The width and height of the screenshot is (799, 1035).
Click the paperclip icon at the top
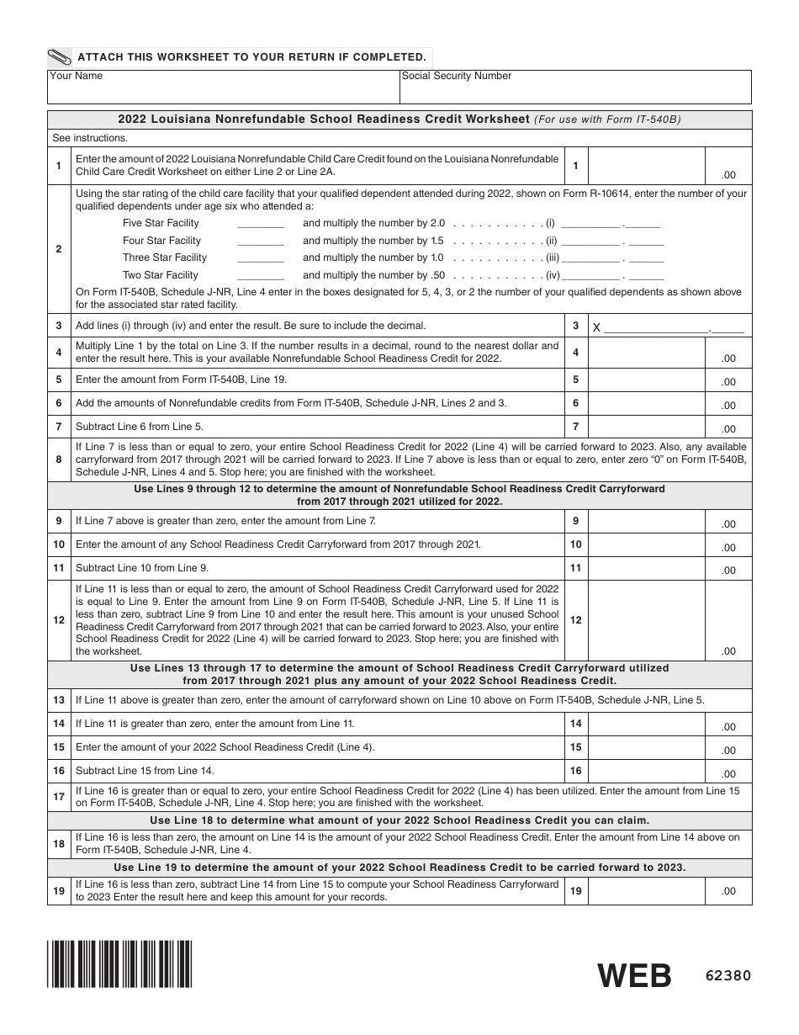point(60,57)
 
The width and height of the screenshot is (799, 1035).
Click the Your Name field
point(223,87)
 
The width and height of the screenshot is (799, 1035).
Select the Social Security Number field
point(575,87)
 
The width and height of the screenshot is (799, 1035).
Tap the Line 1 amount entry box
point(669,166)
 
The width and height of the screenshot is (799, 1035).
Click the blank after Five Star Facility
point(261,224)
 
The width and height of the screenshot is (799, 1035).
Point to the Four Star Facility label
point(161,241)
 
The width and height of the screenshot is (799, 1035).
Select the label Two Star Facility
point(160,275)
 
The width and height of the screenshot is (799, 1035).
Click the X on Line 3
point(596,327)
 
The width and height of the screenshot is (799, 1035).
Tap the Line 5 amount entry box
point(669,380)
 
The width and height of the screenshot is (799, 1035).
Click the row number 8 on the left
point(59,459)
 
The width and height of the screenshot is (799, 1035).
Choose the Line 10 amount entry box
point(669,545)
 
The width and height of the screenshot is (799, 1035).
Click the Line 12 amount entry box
point(669,620)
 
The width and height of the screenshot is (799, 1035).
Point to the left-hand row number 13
point(59,700)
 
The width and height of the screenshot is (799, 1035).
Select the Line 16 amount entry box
point(669,771)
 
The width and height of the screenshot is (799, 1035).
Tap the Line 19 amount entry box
point(669,890)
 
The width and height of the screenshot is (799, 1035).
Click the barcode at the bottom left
point(119,963)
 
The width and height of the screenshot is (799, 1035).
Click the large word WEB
point(635,976)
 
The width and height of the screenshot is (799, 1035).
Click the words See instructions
point(90,138)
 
